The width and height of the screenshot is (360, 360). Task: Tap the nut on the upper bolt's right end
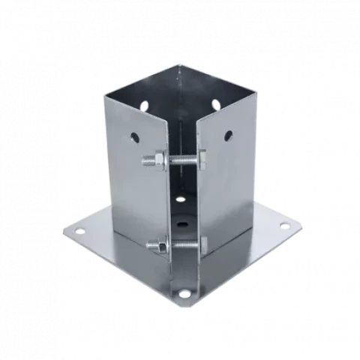(x=200, y=157)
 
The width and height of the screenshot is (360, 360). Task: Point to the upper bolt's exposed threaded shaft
(x=176, y=158)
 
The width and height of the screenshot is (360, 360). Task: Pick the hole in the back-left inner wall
(x=145, y=103)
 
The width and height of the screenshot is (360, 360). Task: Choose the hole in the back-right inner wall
(x=216, y=104)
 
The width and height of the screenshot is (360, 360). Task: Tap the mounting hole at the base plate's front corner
(x=184, y=292)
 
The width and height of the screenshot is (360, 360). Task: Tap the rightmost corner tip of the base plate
(x=304, y=225)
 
